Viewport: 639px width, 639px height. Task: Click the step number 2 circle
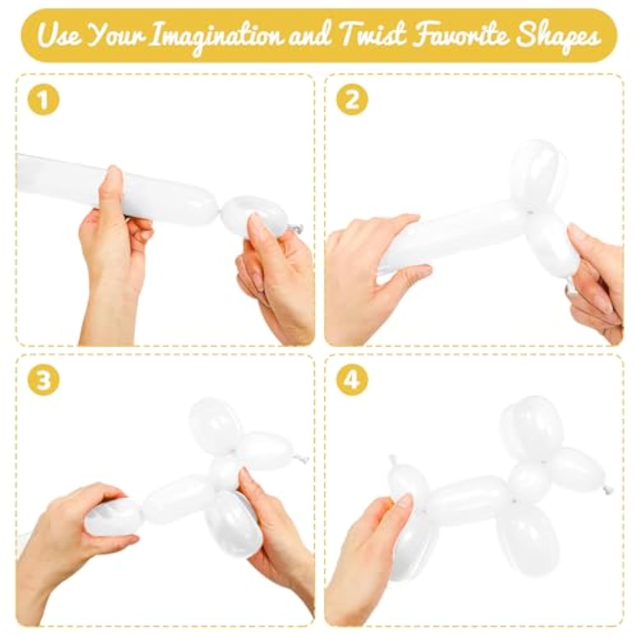pos(352,100)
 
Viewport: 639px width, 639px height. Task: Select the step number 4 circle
pos(352,380)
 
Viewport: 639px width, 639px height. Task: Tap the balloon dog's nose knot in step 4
pos(605,491)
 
